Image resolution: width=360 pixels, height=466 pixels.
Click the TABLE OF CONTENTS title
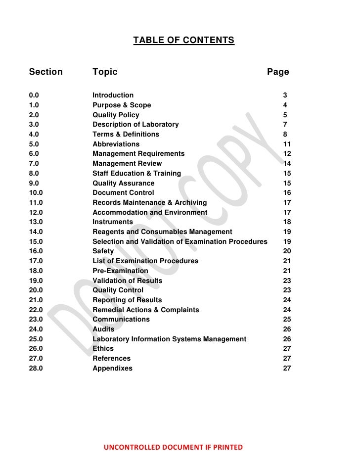[x=183, y=40]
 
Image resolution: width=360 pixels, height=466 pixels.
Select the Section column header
[x=46, y=72]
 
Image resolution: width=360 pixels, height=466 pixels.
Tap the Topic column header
[x=105, y=72]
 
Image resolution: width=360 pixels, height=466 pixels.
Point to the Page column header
[x=278, y=72]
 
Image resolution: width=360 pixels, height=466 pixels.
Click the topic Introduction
[x=113, y=95]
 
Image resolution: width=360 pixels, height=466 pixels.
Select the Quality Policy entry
[x=116, y=115]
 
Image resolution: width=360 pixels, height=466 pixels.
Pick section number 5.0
[x=34, y=144]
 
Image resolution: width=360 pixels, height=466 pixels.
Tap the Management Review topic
[x=127, y=163]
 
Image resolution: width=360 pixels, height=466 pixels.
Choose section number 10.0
[x=36, y=192]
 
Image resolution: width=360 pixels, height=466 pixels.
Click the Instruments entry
[x=113, y=222]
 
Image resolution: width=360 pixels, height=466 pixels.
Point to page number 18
[x=287, y=222]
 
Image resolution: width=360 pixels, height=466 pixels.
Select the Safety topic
[x=103, y=251]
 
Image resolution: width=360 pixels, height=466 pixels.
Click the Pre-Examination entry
[x=120, y=271]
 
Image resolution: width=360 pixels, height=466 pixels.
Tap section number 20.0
[x=36, y=290]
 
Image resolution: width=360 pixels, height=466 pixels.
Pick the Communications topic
[x=121, y=320]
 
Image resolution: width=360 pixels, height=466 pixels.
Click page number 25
[x=287, y=320]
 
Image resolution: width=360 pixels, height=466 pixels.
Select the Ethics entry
[x=103, y=349]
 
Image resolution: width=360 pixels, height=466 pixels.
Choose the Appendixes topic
[x=112, y=369]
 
